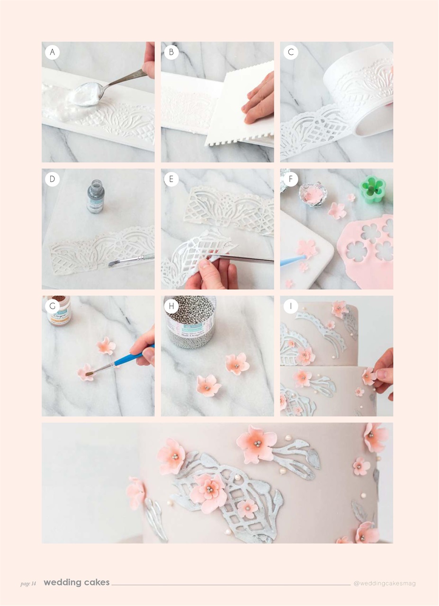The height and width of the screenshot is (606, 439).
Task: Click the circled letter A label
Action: pyautogui.click(x=53, y=53)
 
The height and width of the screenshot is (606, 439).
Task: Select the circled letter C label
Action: pyautogui.click(x=291, y=53)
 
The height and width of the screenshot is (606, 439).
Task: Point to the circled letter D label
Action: pyautogui.click(x=53, y=179)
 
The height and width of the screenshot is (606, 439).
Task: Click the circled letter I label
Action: pyautogui.click(x=291, y=306)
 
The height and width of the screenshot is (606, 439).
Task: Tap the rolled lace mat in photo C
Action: pyautogui.click(x=360, y=90)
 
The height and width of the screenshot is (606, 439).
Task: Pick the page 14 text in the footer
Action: pyautogui.click(x=28, y=584)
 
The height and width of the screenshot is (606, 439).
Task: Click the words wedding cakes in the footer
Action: pyautogui.click(x=77, y=583)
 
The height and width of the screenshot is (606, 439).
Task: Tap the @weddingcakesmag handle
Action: pyautogui.click(x=384, y=583)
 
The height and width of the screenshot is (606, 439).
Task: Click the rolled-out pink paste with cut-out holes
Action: pyautogui.click(x=369, y=251)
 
